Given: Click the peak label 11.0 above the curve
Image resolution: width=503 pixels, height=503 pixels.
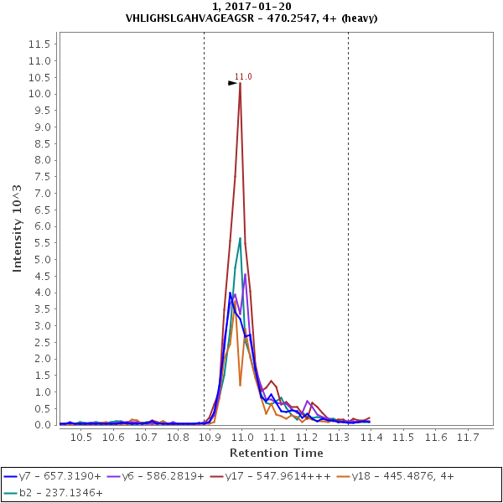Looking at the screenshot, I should pos(243,76).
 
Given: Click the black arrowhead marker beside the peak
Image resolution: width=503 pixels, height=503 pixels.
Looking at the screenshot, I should pos(232,83).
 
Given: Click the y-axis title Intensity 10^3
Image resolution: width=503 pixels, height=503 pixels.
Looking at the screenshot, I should pos(17,227).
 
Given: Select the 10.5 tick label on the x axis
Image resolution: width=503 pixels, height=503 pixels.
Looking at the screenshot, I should pos(80,438).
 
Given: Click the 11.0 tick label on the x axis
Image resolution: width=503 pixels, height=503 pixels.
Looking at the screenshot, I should pos(241,438).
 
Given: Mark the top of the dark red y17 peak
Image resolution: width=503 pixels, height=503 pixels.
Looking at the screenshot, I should pos(241,83).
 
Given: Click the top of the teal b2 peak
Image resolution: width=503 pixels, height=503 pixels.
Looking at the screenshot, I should pos(240,238).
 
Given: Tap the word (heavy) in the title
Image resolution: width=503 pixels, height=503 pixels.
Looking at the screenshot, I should pos(355,17).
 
